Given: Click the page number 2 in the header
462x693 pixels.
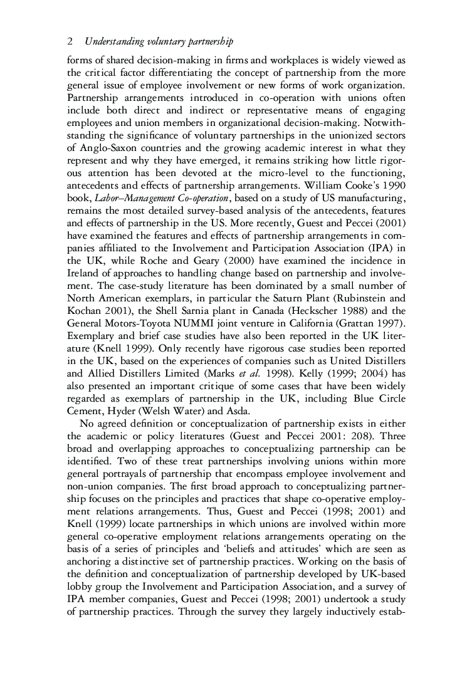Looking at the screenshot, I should click(x=69, y=41).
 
